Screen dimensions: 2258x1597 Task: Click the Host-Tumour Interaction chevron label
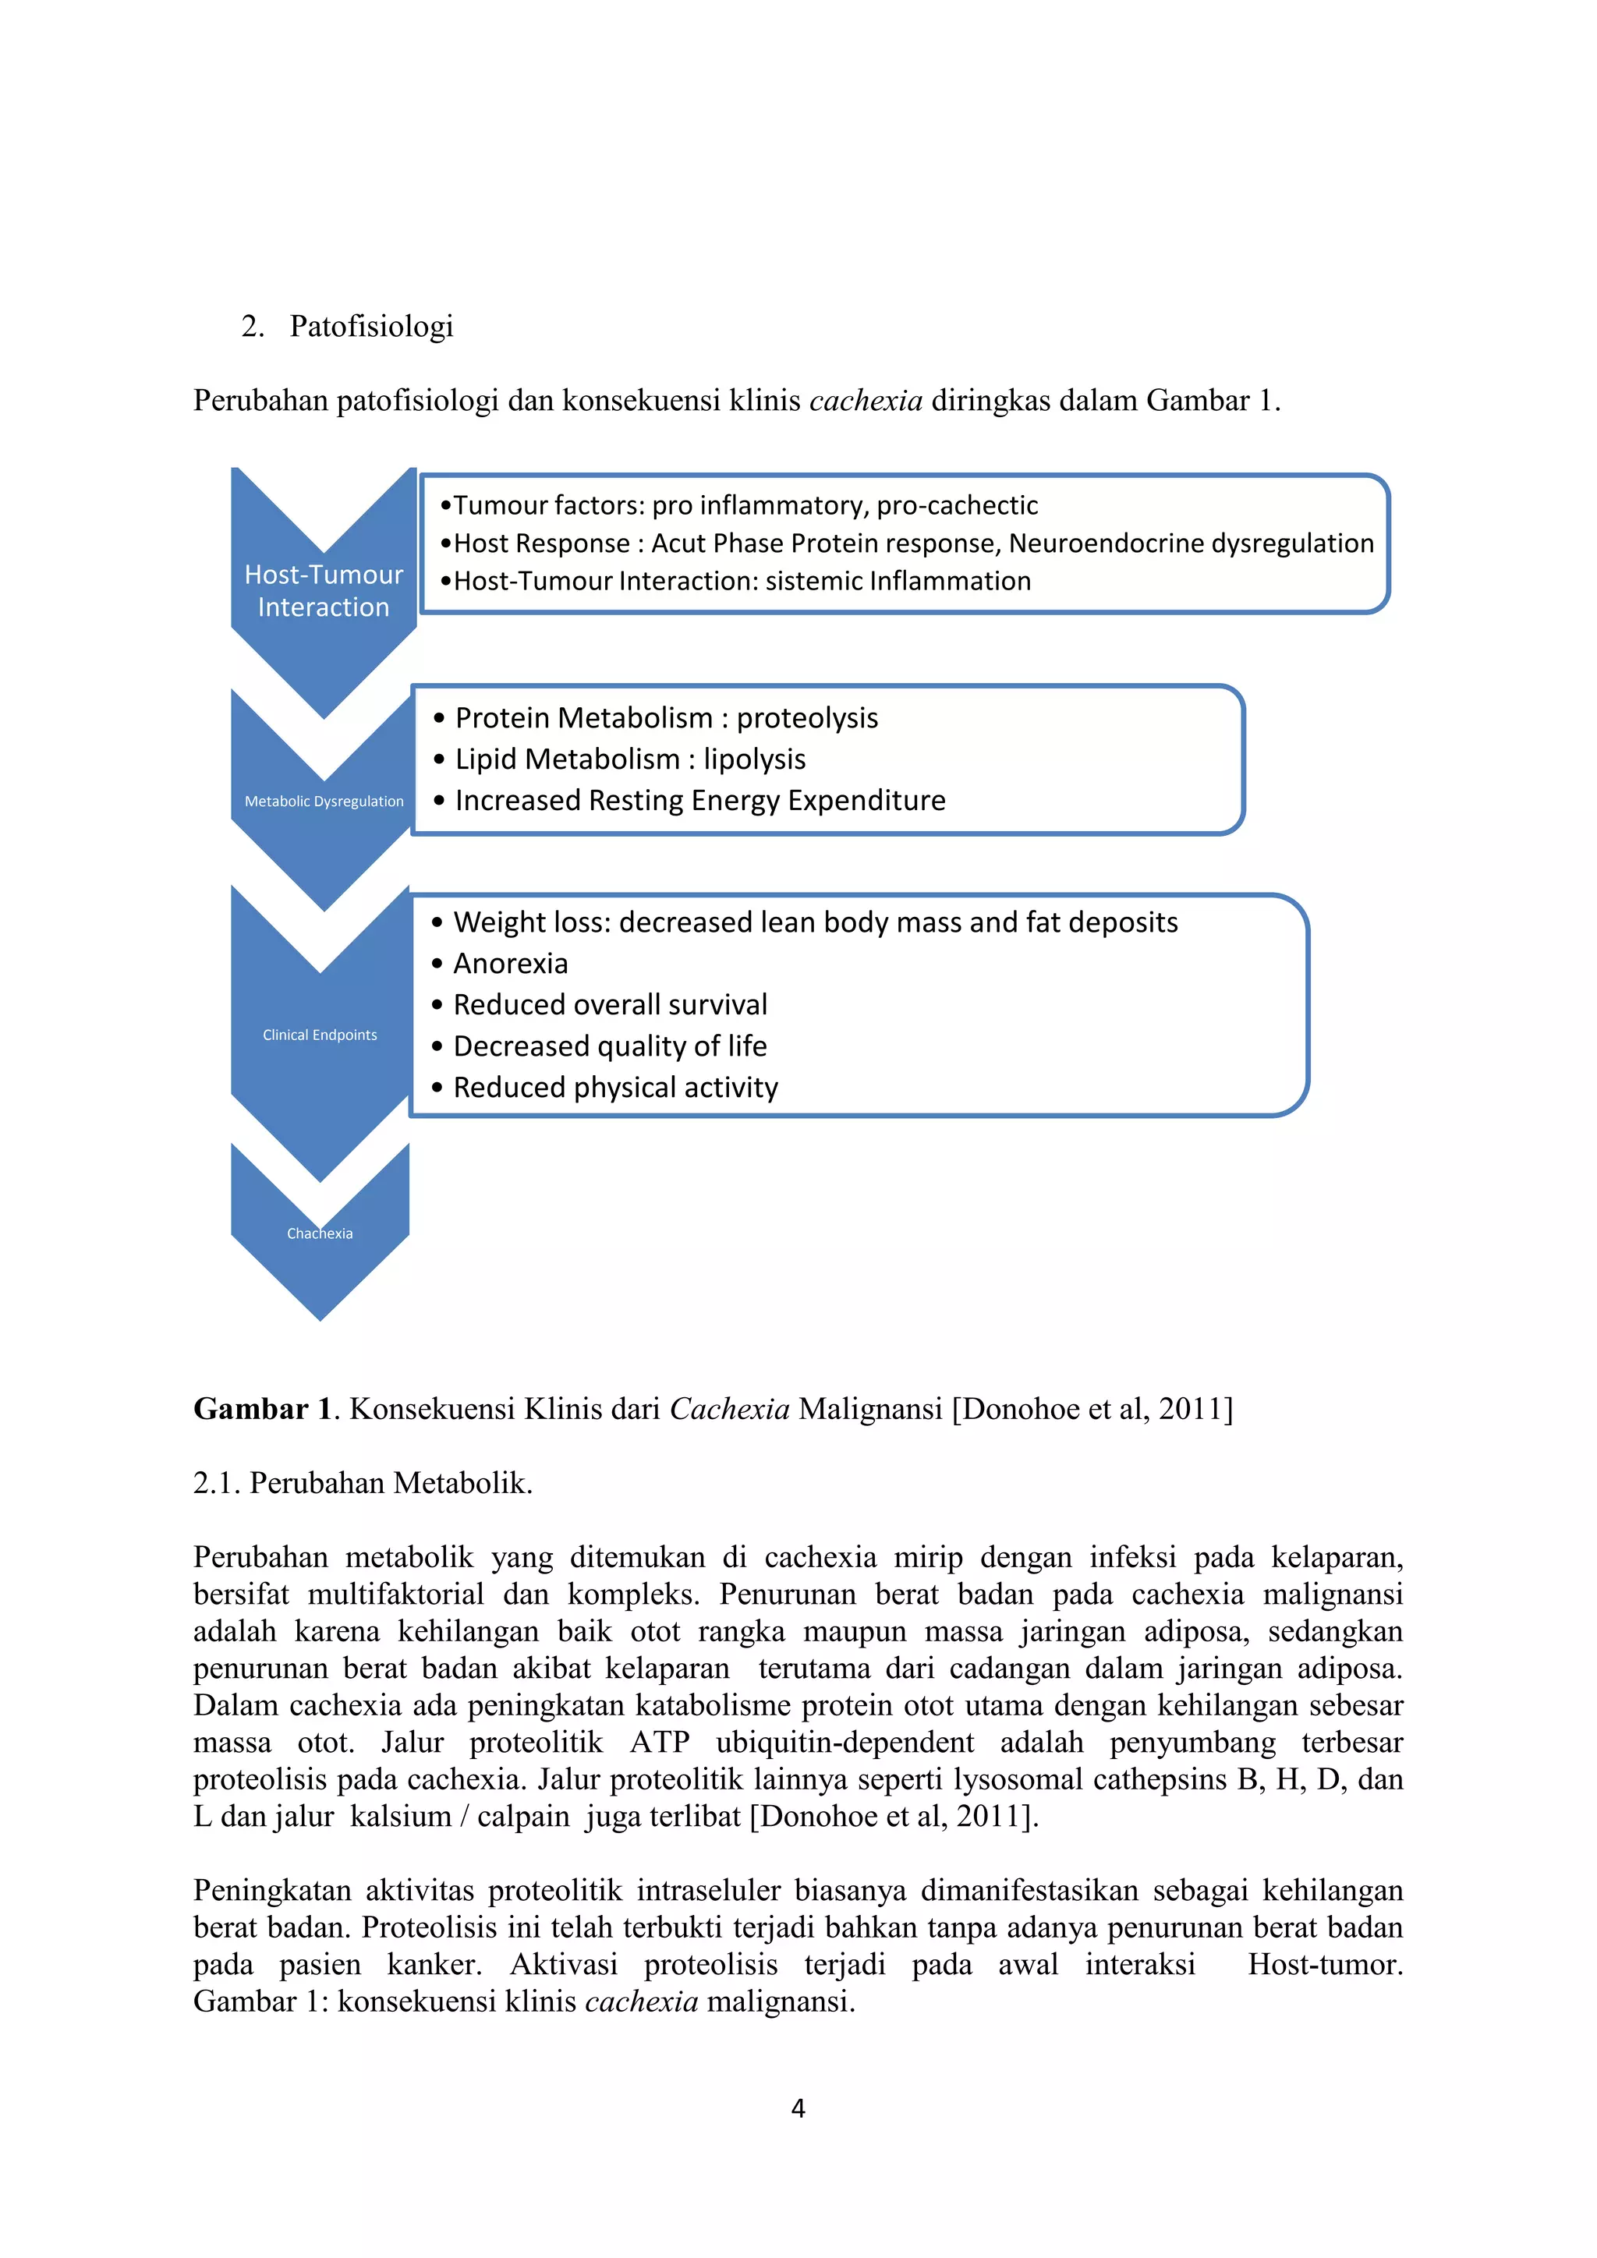pyautogui.click(x=324, y=590)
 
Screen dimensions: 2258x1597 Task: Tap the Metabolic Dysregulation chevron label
pyautogui.click(x=324, y=801)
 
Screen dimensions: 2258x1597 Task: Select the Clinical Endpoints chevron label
pyautogui.click(x=320, y=1035)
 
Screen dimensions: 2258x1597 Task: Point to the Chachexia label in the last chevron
pyautogui.click(x=320, y=1233)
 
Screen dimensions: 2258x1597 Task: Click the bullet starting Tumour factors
pyautogui.click(x=738, y=504)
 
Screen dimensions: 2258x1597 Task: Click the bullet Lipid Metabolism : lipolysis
pyautogui.click(x=629, y=759)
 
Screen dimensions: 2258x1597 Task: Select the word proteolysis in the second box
pyautogui.click(x=807, y=718)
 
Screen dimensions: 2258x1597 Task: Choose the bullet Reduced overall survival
pyautogui.click(x=610, y=1005)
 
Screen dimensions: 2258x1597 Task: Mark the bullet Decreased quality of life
pyautogui.click(x=610, y=1046)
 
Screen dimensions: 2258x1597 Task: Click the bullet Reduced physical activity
pyautogui.click(x=615, y=1088)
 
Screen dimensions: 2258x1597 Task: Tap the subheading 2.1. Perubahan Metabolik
pyautogui.click(x=363, y=1482)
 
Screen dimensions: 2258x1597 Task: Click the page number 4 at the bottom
pyautogui.click(x=798, y=2108)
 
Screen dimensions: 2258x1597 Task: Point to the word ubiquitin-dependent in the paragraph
pyautogui.click(x=844, y=1743)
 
